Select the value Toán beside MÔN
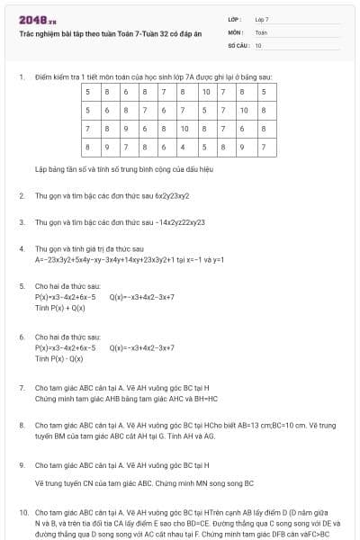pos(261,31)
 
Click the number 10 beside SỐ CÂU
pos(258,44)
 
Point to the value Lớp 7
pos(262,19)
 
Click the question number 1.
pos(21,76)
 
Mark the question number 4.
pos(21,247)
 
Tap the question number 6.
pos(21,337)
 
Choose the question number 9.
pos(21,465)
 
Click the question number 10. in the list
pos(22,511)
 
